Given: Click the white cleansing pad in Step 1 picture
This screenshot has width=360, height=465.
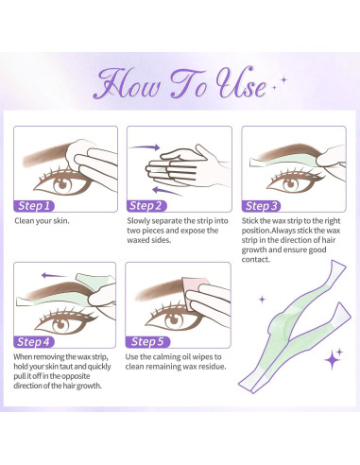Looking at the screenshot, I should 91,151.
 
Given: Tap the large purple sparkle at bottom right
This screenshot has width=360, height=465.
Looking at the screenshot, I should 333,359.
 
